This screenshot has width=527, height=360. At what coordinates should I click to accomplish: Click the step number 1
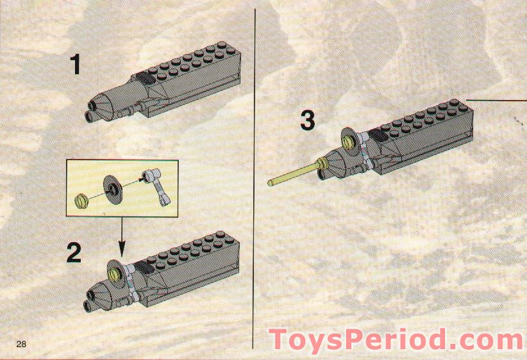[76, 65]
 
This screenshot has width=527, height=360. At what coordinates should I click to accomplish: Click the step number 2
[74, 253]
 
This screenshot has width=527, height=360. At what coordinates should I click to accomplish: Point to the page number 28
[22, 345]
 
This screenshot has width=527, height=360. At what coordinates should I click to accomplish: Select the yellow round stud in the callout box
[81, 200]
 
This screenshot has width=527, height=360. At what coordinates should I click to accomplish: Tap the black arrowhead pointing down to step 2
[122, 247]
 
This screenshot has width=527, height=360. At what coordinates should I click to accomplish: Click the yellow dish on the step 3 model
[350, 140]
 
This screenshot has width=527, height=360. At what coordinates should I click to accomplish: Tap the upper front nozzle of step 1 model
[96, 104]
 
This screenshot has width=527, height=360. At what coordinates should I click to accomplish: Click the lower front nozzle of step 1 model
[90, 116]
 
